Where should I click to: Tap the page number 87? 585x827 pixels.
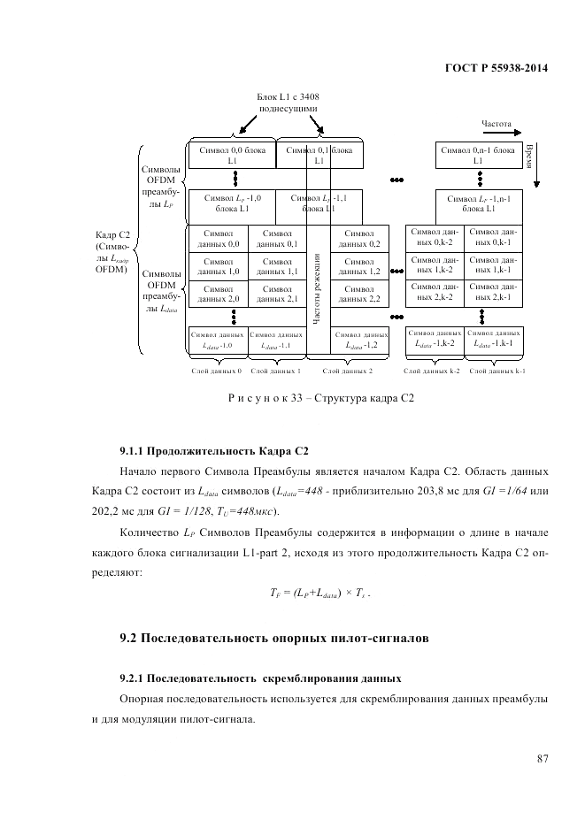click(543, 757)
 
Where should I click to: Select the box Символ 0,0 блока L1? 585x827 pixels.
click(232, 156)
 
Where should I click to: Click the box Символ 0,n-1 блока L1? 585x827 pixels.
click(478, 156)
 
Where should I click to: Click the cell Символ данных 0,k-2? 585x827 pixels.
click(435, 239)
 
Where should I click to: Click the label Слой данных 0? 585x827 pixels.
click(218, 371)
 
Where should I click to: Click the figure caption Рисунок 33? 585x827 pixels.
click(320, 398)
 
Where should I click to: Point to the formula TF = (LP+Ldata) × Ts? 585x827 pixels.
click(320, 594)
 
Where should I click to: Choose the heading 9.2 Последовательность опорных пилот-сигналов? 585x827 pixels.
click(275, 638)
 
